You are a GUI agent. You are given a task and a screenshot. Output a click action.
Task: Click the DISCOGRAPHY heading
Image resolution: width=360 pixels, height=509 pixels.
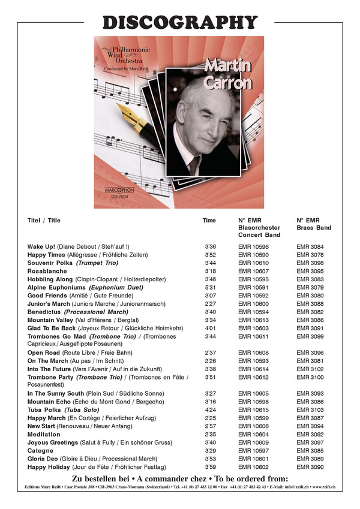pyautogui.click(x=180, y=22)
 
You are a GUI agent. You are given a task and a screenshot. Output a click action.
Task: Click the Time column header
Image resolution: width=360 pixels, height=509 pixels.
pyautogui.click(x=209, y=221)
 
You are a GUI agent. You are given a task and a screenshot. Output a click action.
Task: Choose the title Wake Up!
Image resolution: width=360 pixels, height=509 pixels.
pyautogui.click(x=41, y=247)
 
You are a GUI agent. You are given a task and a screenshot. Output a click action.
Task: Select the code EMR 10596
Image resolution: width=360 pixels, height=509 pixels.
pyautogui.click(x=253, y=247)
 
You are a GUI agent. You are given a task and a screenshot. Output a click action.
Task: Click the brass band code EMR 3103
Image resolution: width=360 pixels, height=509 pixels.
pyautogui.click(x=310, y=409)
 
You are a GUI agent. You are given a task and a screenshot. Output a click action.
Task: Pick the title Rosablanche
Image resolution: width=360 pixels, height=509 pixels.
pyautogui.click(x=47, y=271)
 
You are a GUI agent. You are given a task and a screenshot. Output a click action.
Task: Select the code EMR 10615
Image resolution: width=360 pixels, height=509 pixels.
pyautogui.click(x=253, y=409)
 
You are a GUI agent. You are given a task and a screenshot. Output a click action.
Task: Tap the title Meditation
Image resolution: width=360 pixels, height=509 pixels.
pyautogui.click(x=44, y=434)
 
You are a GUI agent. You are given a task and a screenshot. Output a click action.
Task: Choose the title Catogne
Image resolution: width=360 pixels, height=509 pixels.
pyautogui.click(x=41, y=450)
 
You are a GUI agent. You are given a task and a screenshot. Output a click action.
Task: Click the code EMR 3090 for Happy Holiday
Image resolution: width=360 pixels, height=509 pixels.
pyautogui.click(x=310, y=466)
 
